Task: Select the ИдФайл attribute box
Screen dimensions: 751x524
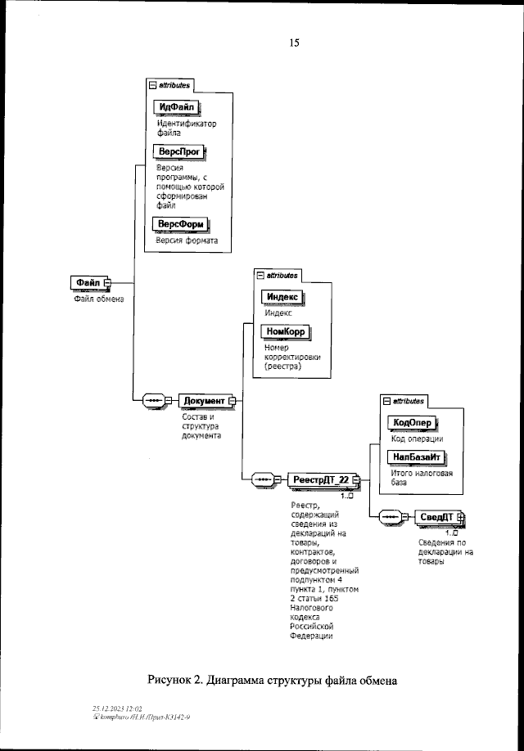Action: tap(178, 108)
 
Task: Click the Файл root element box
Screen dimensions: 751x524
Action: tap(88, 282)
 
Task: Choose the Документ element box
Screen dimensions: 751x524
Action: tap(205, 400)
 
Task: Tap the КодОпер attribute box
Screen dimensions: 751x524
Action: tap(413, 422)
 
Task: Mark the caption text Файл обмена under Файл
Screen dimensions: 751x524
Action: tap(94, 299)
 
